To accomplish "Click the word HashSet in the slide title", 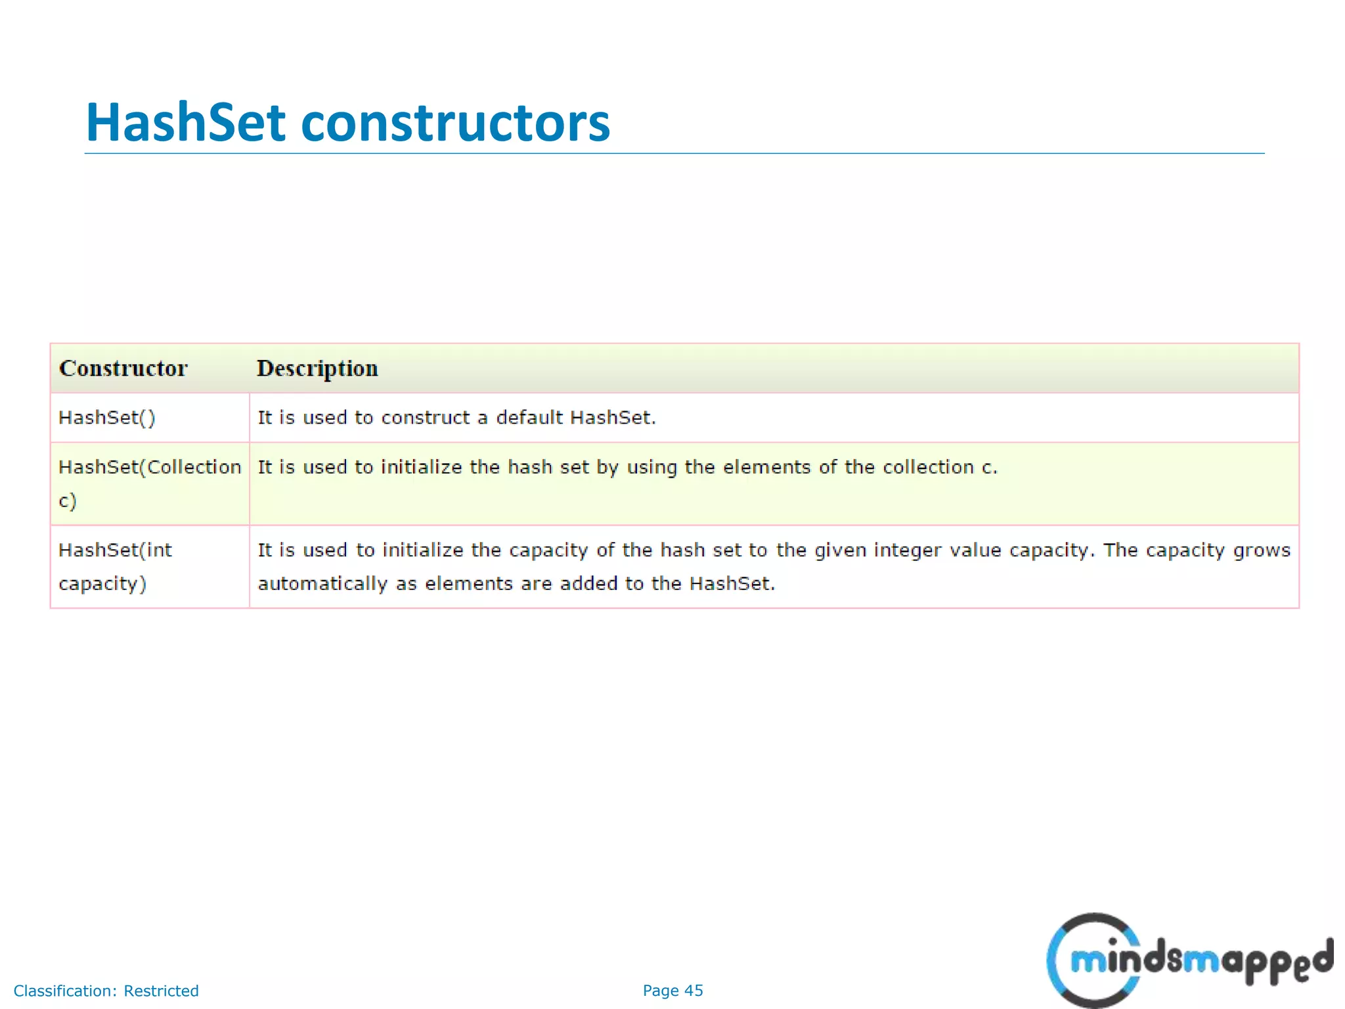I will pos(186,123).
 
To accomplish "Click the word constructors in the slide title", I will pos(455,123).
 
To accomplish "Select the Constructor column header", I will pos(123,369).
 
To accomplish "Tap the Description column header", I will pos(317,369).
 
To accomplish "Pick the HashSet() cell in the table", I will pos(107,418).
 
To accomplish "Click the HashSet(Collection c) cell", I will pos(149,483).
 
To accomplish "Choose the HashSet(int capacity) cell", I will pos(115,566).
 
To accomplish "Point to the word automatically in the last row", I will pos(322,584).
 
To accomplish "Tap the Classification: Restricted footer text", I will pos(106,991).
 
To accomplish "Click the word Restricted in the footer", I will pos(161,991).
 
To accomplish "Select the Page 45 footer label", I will pos(672,991).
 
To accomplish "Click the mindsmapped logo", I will pos(1189,960).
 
